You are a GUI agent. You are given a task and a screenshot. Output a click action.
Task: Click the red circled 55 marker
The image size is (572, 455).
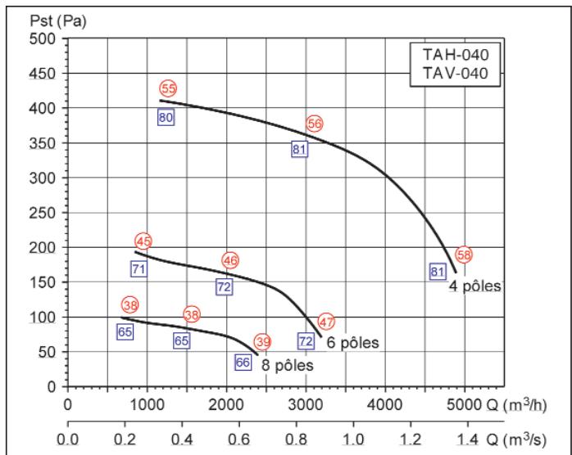168,88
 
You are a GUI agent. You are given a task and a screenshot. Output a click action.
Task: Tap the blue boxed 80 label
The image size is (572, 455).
166,117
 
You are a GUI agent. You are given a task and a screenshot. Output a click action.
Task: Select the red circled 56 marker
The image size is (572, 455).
315,124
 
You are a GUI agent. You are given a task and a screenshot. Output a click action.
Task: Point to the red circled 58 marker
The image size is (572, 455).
464,255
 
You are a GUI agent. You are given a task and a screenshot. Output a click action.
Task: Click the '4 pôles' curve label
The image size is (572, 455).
475,286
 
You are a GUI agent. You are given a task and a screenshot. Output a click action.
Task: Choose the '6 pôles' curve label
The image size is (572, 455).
352,342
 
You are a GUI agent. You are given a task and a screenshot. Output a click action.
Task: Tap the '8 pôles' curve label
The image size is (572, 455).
288,365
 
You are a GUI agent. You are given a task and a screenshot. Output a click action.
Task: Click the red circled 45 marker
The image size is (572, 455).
143,241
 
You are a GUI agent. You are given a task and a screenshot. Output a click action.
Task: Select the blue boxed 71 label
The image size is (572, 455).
139,269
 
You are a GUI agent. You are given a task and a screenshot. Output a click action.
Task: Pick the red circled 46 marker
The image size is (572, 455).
230,260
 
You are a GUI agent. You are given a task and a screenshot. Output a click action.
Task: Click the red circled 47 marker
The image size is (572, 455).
326,322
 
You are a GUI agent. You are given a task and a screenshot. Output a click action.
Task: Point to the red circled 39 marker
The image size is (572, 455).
263,342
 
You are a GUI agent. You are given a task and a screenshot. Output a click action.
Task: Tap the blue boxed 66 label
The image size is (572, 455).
243,362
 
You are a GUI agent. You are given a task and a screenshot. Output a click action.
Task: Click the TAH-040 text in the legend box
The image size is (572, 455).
456,55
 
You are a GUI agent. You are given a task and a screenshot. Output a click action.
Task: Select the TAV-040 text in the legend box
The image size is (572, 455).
456,73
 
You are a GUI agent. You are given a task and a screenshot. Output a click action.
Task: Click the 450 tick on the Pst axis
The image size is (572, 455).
42,74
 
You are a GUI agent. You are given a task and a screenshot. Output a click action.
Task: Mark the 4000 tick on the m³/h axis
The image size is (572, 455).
385,405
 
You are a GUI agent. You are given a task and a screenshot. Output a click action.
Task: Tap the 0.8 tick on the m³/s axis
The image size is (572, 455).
296,439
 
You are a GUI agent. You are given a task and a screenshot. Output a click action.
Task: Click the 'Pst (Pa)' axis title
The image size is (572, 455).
58,21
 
